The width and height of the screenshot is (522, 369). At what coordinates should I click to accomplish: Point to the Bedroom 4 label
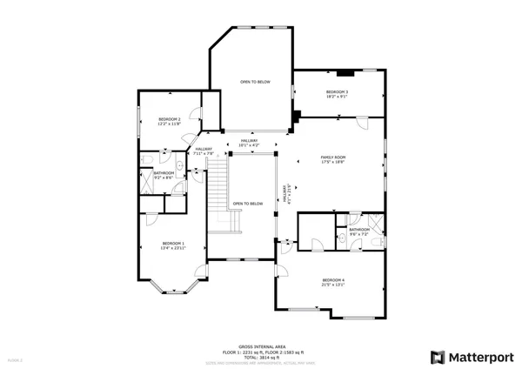coord(333,282)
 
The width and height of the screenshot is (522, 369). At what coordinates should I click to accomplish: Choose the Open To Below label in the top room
coord(256,82)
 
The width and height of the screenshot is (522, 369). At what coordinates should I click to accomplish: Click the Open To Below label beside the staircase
coord(248,204)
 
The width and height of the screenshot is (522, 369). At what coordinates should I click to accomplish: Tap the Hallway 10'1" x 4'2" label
coord(250,143)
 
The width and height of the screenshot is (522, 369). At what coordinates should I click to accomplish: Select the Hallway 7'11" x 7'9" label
coord(204,151)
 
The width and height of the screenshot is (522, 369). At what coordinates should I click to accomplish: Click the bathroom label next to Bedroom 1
coord(164,175)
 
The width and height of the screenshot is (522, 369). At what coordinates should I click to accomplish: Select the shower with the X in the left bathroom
coord(145,184)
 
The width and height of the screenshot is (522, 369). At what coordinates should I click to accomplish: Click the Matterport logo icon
coord(437,356)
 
